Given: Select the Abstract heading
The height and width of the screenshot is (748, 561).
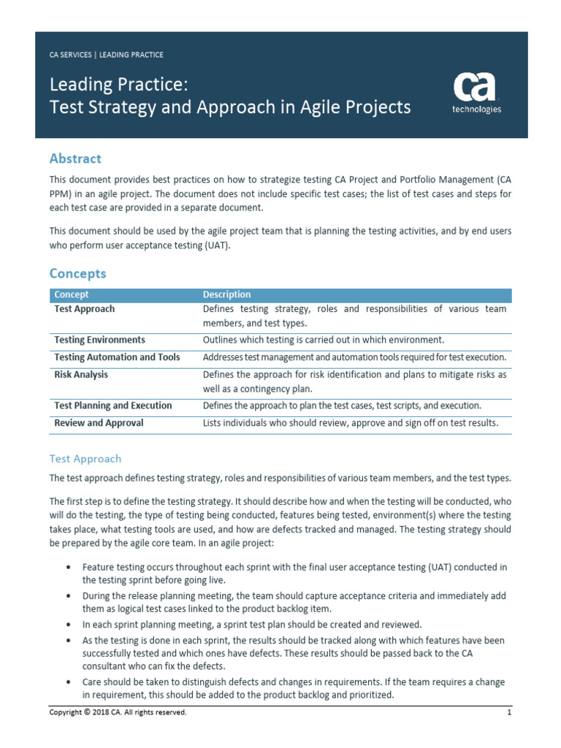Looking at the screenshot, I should [75, 159].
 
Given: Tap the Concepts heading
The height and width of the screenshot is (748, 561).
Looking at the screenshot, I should [77, 273].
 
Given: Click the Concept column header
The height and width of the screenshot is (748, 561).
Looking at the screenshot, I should [72, 294].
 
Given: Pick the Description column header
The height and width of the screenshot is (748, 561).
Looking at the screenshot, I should [226, 294].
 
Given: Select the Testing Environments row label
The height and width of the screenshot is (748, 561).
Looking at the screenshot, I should [99, 340].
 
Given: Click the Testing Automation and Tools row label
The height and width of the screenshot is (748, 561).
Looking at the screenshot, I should [117, 357].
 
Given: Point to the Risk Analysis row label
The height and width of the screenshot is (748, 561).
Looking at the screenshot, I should [81, 375].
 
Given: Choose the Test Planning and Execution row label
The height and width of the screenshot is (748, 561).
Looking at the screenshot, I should [113, 405].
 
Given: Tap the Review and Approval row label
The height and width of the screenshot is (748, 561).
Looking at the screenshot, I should [99, 423].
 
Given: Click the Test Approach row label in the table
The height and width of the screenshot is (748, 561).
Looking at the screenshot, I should [84, 309].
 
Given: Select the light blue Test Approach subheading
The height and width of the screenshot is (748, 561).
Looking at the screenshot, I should [85, 459].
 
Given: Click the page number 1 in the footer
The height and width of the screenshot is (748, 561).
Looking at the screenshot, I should [508, 712].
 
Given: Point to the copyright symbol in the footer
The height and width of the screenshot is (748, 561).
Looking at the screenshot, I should [85, 712].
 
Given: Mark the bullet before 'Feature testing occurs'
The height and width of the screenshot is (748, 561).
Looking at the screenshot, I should [68, 568].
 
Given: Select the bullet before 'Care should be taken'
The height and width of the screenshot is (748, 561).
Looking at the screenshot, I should [68, 682].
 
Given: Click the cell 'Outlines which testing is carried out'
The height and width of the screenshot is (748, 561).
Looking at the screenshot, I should [323, 340].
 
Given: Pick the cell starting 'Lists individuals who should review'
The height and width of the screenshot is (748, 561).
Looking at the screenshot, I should [351, 423].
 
